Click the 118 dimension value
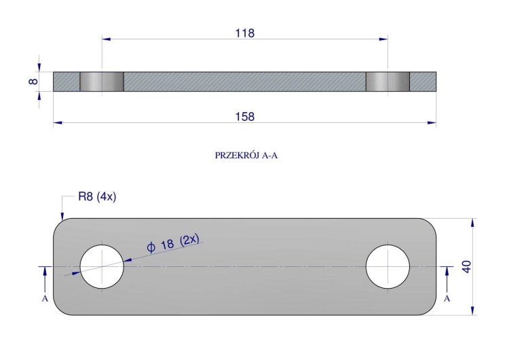(245, 33)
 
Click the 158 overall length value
(245, 117)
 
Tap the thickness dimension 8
(33, 81)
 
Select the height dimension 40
(466, 267)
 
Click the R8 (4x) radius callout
(97, 196)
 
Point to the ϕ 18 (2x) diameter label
(172, 243)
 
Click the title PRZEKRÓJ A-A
(246, 156)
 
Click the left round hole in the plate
(102, 267)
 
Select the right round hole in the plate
(388, 267)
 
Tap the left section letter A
(45, 298)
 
